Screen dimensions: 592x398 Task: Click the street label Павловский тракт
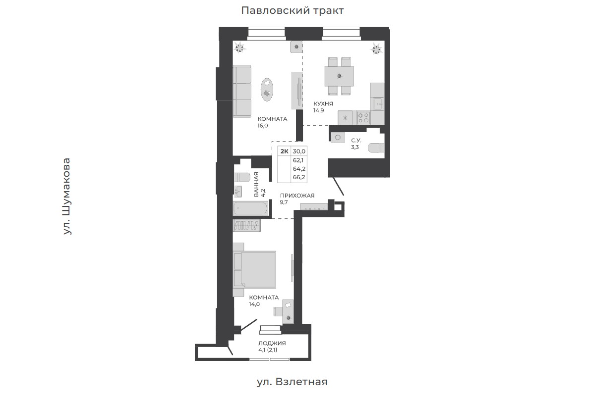292,10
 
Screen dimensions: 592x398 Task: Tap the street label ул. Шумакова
67,197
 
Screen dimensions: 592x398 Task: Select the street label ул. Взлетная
292,382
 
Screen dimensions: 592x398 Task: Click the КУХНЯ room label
323,103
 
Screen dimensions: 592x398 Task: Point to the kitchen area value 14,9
318,110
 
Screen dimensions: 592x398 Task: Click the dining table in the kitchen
340,76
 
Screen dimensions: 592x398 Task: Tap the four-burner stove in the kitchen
363,118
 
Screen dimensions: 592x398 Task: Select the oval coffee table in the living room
267,90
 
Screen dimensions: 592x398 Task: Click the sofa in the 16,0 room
242,91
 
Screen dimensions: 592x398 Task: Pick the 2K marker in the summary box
284,151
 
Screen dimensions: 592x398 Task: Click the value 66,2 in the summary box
299,177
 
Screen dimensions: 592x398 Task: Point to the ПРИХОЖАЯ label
297,196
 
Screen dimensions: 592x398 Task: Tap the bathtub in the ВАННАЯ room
251,208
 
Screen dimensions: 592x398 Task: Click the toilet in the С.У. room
376,148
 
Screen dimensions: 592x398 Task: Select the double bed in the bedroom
254,270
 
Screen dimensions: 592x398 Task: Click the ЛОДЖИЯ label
272,344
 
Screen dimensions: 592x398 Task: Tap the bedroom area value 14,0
254,304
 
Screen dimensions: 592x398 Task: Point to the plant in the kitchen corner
376,49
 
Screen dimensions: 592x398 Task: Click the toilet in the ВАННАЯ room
242,177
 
